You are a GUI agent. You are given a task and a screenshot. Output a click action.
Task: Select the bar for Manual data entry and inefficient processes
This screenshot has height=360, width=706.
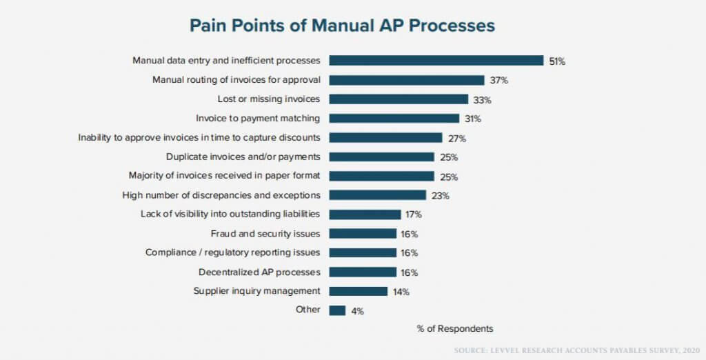(x=436, y=61)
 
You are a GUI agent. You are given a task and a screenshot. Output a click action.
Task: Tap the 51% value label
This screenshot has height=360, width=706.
(x=557, y=61)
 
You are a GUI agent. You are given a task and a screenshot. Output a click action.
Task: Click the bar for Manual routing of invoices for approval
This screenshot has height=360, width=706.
(x=406, y=80)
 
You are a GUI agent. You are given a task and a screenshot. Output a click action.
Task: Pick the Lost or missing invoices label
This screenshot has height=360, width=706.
(x=268, y=99)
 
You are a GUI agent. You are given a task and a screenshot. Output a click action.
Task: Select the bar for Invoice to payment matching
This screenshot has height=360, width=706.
(x=394, y=119)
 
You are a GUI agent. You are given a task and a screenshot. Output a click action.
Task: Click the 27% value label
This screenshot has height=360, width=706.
(x=457, y=138)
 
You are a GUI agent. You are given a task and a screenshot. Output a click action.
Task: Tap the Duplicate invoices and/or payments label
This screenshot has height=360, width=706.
(x=243, y=157)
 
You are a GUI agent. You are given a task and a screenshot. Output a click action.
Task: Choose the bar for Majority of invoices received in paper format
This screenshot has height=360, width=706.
(x=381, y=176)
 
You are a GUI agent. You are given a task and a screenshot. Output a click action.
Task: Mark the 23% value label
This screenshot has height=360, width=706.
(x=441, y=196)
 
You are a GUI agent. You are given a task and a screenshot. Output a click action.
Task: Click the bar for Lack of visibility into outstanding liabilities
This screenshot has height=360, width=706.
(x=365, y=214)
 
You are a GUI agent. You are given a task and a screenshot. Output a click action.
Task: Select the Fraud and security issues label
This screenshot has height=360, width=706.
(x=265, y=233)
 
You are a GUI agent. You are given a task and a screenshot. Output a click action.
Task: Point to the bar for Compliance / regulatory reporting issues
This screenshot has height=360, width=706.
(x=363, y=252)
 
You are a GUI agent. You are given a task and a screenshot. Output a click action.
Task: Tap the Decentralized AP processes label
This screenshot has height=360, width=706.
(x=259, y=272)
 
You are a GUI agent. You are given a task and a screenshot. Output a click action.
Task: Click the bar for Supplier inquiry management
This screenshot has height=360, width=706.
(x=359, y=291)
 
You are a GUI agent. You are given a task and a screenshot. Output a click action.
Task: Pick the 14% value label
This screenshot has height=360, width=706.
(x=401, y=292)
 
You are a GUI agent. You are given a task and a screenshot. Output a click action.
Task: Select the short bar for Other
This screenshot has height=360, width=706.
(x=337, y=310)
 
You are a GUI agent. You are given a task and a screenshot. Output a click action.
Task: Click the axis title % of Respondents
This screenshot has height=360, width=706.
(x=454, y=328)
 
